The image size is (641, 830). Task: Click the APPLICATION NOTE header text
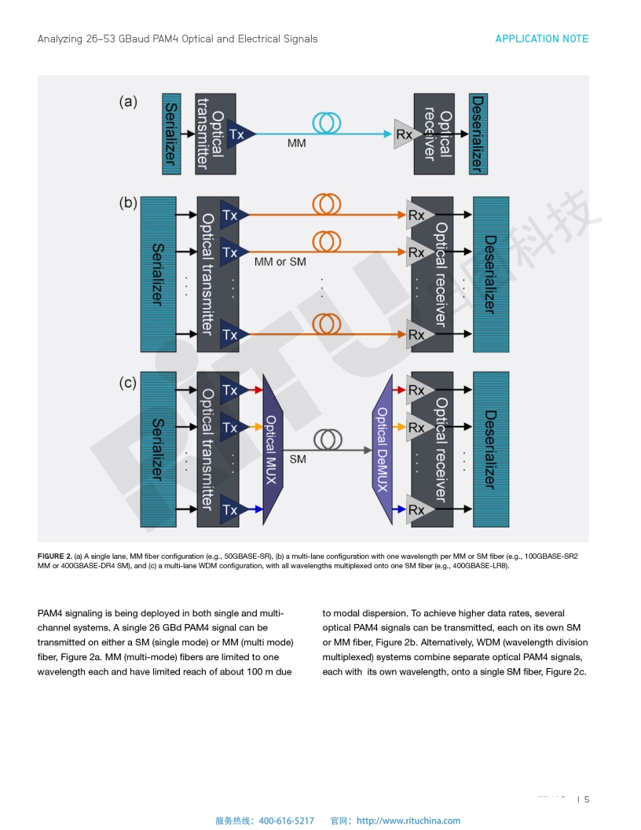click(x=541, y=39)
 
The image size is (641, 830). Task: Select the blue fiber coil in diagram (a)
click(x=326, y=122)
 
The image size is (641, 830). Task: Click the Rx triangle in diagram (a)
click(x=404, y=134)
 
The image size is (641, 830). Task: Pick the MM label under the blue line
click(x=297, y=144)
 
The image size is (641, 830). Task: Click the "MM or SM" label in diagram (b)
click(x=280, y=262)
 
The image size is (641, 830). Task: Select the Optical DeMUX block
click(x=383, y=449)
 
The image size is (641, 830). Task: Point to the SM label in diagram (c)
click(x=298, y=459)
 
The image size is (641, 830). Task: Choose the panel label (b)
click(x=128, y=203)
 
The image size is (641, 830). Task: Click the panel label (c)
click(x=128, y=384)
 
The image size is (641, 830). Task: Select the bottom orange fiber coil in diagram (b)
click(x=327, y=323)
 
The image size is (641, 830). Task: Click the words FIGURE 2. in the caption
click(x=55, y=556)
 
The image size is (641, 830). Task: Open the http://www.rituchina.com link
click(x=408, y=821)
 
